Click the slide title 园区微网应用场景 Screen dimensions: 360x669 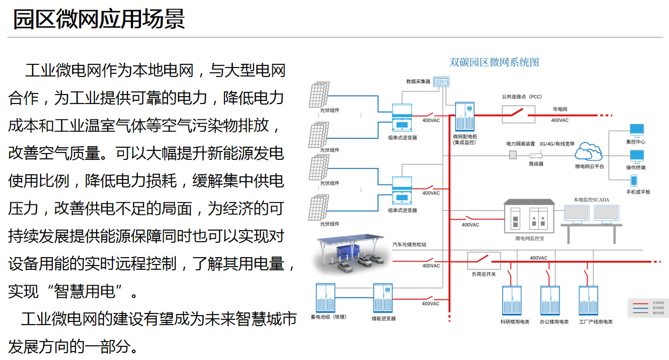tap(99, 19)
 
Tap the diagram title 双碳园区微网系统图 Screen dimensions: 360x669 tap(494, 62)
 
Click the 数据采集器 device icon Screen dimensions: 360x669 tap(441, 82)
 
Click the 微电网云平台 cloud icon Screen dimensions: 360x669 tap(589, 154)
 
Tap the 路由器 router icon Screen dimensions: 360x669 tap(536, 156)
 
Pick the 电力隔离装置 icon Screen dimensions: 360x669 tap(513, 155)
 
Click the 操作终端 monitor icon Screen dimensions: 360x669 tap(636, 156)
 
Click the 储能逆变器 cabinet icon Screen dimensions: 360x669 tap(383, 298)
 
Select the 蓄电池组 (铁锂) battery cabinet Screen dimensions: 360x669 tap(325, 298)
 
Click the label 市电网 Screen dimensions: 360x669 tap(560, 109)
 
